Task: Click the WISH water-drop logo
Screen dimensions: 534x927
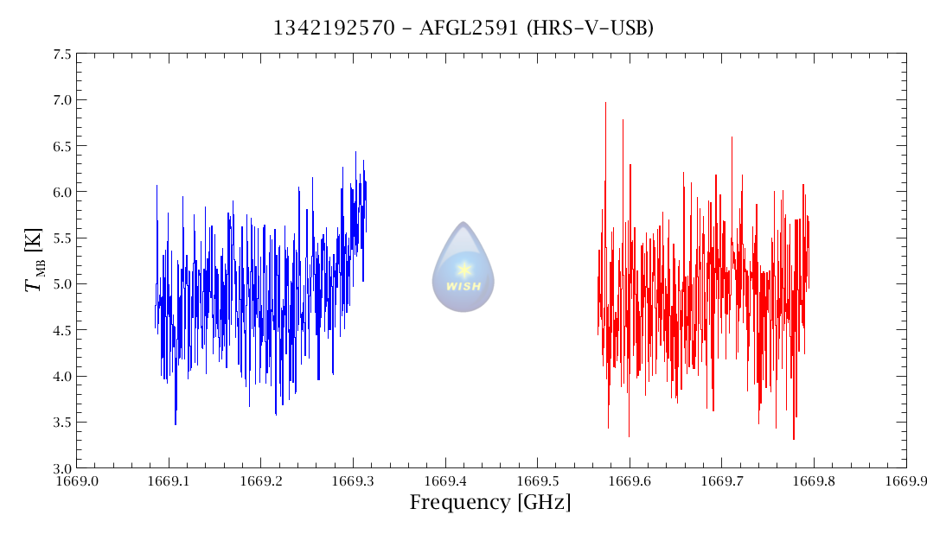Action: tap(463, 267)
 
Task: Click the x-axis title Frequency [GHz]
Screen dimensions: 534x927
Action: tap(489, 503)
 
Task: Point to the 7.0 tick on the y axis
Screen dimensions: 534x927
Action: tap(61, 100)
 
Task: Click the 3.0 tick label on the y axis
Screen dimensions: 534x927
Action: tap(61, 468)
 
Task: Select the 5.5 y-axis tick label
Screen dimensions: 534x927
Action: tap(61, 238)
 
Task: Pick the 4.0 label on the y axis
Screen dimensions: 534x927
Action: tap(61, 377)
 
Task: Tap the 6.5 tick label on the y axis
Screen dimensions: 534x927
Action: tap(61, 146)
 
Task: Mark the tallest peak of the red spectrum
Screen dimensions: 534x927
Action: tap(605, 103)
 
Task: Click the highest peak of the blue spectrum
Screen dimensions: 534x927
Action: tap(355, 152)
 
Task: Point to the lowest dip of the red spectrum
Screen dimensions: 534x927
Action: tap(794, 439)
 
